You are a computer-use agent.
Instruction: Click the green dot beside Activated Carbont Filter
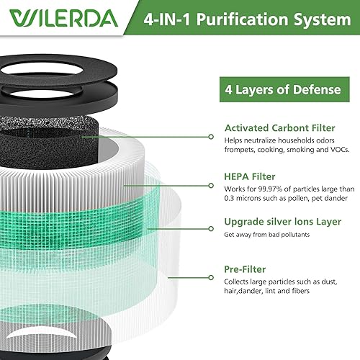[210, 135]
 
